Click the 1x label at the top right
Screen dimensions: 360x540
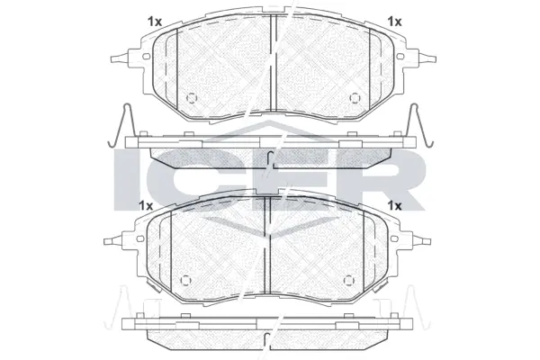393,20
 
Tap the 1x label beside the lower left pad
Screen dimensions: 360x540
146,206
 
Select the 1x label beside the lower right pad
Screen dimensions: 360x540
393,206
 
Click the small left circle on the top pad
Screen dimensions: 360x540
191,99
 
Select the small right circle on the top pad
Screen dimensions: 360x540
354,99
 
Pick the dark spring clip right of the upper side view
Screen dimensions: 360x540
418,125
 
